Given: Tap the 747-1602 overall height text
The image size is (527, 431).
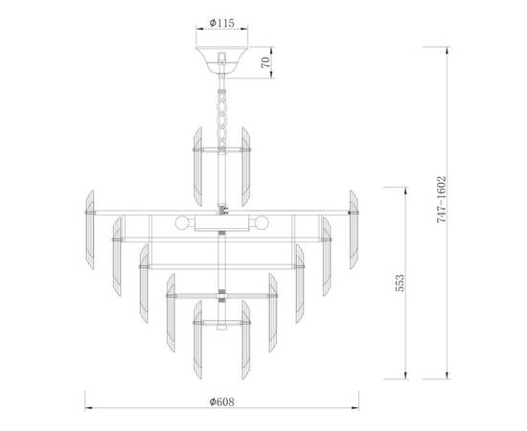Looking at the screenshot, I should point(442,199).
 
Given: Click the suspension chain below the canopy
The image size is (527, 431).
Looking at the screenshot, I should point(221,110).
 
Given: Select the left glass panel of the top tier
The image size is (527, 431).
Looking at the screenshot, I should point(199,157).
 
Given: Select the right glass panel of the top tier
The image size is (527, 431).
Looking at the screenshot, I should point(244,157).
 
